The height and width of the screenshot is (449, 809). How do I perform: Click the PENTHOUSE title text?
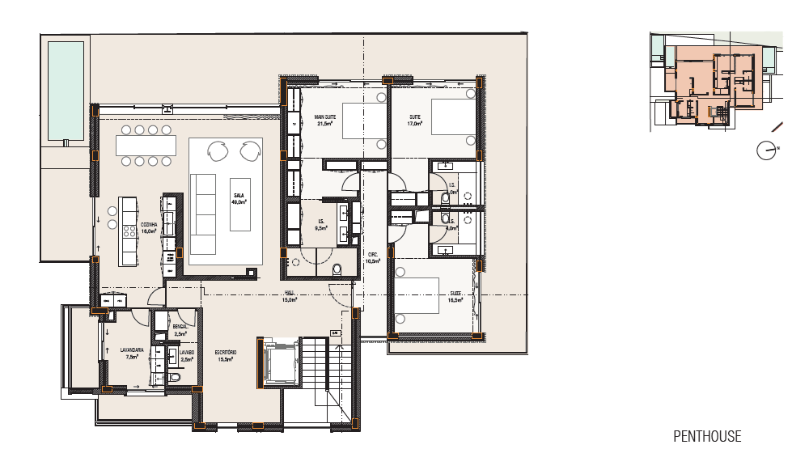coord(707,436)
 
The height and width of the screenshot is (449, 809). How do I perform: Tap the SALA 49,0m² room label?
coord(239,199)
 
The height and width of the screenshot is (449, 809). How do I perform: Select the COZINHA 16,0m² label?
coord(148,227)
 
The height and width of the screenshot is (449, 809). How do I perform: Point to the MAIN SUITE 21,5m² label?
coord(325,121)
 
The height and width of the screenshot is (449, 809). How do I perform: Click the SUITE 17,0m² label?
coord(415,121)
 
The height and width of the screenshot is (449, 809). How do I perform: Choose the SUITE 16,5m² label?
coord(455,296)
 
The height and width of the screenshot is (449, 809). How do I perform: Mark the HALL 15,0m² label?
coord(290,296)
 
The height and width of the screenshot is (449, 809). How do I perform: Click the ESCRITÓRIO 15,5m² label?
coord(226,356)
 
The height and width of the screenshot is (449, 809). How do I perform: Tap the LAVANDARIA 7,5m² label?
coord(132,354)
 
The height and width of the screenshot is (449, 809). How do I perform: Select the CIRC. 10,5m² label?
coord(373,257)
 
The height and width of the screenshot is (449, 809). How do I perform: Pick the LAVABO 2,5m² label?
coord(187,356)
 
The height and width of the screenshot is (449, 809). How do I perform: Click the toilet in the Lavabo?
coord(176,378)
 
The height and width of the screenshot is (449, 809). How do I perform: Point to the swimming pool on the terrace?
coord(66,90)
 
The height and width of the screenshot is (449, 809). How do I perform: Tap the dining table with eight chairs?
coord(146,146)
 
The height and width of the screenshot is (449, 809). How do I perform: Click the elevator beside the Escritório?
coord(279,362)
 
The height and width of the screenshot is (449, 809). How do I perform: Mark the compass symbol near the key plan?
coord(765,150)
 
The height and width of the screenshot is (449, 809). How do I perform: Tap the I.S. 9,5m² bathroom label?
coord(321,225)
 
